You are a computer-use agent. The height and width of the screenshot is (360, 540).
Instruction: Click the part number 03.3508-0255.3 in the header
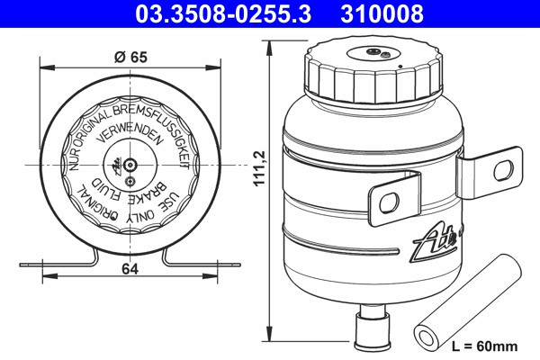(x=223, y=13)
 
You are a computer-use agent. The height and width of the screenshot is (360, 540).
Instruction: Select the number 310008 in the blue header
(x=382, y=13)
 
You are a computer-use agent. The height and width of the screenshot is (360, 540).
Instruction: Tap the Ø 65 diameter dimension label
(x=130, y=57)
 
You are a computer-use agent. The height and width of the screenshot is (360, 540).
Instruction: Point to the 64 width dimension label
(x=130, y=269)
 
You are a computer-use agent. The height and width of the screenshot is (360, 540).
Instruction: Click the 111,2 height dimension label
(x=259, y=168)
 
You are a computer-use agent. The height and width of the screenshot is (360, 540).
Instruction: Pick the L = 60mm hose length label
(x=484, y=346)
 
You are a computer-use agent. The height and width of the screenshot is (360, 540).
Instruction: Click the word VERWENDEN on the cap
(x=130, y=132)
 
